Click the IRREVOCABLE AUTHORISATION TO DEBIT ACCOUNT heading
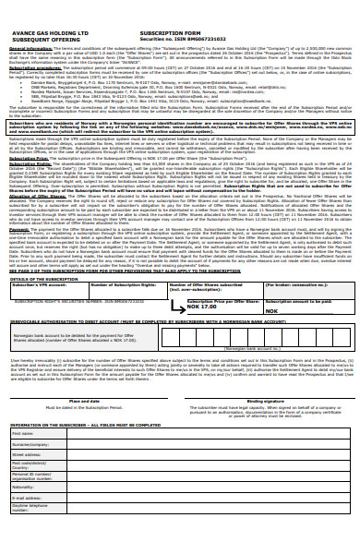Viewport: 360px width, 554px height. (138, 321)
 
